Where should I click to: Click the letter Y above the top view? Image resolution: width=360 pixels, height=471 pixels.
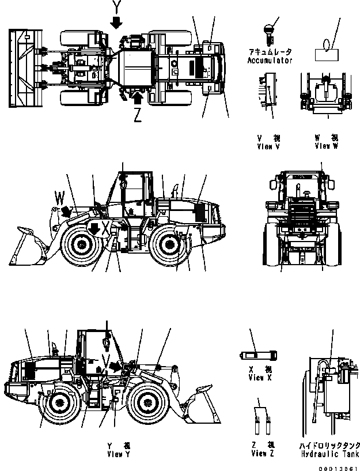click(117, 7)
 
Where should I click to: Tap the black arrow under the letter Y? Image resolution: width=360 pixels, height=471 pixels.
click(117, 22)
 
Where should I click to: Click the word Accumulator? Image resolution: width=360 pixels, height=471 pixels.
click(270, 61)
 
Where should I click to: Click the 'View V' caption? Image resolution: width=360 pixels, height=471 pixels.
click(268, 146)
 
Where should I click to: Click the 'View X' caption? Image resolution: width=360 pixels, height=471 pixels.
click(256, 378)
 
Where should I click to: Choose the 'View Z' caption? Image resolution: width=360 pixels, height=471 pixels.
click(262, 454)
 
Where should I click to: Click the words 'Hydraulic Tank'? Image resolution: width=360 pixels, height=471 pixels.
click(329, 454)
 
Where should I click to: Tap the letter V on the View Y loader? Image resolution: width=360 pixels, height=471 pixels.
click(104, 361)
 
